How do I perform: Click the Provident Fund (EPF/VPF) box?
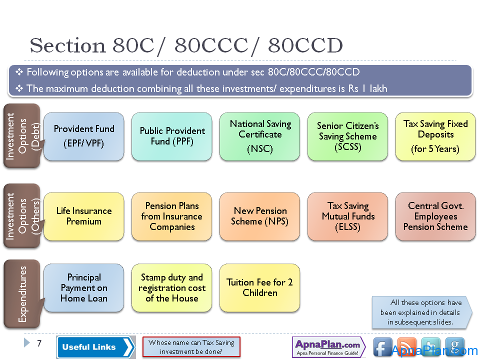pyautogui.click(x=84, y=136)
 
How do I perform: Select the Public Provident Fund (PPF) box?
pyautogui.click(x=171, y=136)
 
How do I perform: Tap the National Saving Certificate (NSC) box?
pyautogui.click(x=259, y=136)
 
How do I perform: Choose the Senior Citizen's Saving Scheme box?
pyautogui.click(x=348, y=136)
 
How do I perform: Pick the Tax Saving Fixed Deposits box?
pyautogui.click(x=435, y=136)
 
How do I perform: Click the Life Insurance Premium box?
pyautogui.click(x=84, y=216)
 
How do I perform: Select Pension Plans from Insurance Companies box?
pyautogui.click(x=171, y=216)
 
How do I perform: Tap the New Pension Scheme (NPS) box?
pyautogui.click(x=259, y=216)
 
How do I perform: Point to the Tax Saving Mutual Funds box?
pyautogui.click(x=348, y=216)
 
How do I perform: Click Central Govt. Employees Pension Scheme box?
pyautogui.click(x=435, y=216)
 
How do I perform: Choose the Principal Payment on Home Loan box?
pyautogui.click(x=84, y=288)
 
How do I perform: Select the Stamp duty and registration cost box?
pyautogui.click(x=171, y=288)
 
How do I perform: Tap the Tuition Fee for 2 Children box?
pyautogui.click(x=259, y=288)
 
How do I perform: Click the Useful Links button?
pyautogui.click(x=96, y=347)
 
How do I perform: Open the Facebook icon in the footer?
pyautogui.click(x=382, y=347)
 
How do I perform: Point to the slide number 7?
pyautogui.click(x=39, y=343)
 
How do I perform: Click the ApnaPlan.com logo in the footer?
pyautogui.click(x=329, y=347)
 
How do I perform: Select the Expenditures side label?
pyautogui.click(x=22, y=294)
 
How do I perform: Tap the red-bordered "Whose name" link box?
pyautogui.click(x=191, y=347)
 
